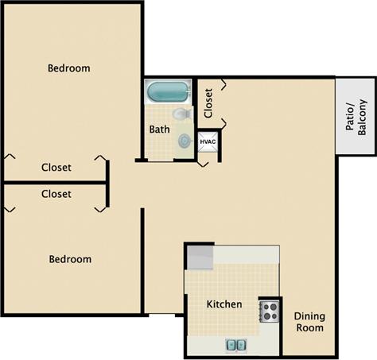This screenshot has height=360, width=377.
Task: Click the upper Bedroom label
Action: coord(68,68)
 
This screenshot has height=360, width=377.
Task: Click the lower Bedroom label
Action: coord(70,259)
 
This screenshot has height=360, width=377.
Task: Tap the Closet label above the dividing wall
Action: coord(56,168)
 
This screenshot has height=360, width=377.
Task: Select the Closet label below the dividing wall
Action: coord(56,194)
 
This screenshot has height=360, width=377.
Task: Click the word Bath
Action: coord(159,129)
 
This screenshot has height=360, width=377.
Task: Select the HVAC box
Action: coord(208,142)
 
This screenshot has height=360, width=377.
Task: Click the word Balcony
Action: coord(363,118)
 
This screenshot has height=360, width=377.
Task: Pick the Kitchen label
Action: coord(224,304)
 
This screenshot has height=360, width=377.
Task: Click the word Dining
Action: coord(310,315)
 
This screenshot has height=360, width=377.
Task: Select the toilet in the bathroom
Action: coord(181,115)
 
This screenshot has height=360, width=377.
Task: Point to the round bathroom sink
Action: coord(185,141)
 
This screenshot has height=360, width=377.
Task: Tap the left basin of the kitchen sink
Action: coord(231,345)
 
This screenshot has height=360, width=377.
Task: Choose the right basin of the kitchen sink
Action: coord(240,345)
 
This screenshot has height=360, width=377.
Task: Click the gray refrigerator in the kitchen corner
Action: coord(201,257)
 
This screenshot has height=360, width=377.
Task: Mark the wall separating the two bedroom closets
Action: coord(56,182)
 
